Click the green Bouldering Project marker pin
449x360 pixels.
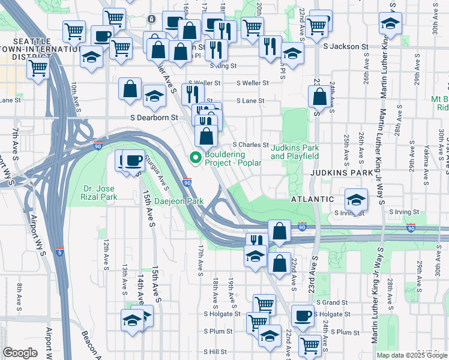(195, 158)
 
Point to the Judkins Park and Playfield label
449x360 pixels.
(294, 152)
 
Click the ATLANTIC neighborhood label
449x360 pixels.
(312, 199)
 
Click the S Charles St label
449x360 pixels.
(250, 145)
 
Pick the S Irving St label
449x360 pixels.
(403, 212)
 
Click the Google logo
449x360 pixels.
(20, 353)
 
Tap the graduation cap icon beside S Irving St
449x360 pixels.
(357, 200)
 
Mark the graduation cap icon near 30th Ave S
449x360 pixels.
(390, 25)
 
